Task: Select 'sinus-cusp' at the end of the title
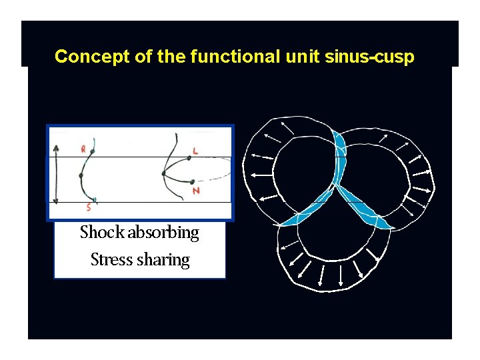point(369,57)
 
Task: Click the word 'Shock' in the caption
point(102,233)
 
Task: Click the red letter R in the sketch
point(83,148)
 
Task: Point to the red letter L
point(195,151)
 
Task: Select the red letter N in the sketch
point(195,191)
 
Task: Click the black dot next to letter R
point(91,151)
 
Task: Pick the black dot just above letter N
point(191,181)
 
